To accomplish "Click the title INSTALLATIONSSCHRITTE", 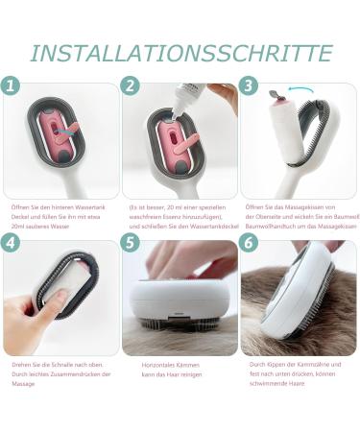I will pos(180,52).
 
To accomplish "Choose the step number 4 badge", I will pos(11,242).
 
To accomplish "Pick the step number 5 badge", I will pos(131,242).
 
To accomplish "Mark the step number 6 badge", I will pos(250,242).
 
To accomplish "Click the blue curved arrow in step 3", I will pos(303,91).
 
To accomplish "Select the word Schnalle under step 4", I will pos(56,363).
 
